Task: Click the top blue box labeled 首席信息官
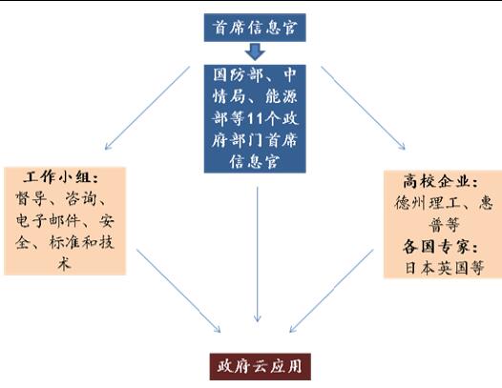coord(255,28)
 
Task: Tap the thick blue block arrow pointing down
coord(255,51)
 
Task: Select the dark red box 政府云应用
coord(260,367)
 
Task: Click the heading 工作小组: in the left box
coord(61,177)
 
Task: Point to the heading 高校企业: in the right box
coord(441,182)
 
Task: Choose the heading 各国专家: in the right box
coord(441,247)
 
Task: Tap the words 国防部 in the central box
coord(238,75)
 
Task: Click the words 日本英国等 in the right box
coord(445,268)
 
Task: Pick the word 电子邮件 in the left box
coord(48,220)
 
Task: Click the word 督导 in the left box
coord(31,198)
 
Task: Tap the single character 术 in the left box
coord(64,264)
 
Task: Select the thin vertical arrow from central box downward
coord(258,255)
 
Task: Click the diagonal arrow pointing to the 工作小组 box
coord(147,108)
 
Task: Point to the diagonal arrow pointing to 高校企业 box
coord(363,108)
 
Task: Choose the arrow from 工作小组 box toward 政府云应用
coord(178,291)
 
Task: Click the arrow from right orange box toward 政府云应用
coord(331,291)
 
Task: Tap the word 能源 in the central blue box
coord(282,97)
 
